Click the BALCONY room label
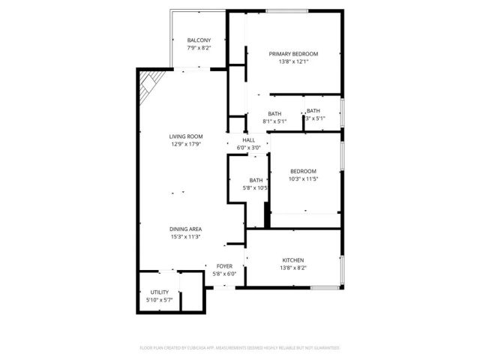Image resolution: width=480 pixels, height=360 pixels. pos(199,40)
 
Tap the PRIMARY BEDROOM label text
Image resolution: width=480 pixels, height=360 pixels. pos(293,53)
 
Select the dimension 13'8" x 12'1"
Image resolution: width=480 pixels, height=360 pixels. pos(293,61)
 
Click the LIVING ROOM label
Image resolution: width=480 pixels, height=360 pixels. pos(185,136)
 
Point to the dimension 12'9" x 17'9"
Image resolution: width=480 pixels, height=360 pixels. pos(185,144)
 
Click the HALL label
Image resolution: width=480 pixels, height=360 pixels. pos(248,139)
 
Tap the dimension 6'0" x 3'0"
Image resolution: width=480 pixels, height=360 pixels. pos(248,148)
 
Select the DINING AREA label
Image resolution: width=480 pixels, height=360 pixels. pos(185,229)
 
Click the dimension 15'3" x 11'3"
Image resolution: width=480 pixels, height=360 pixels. pos(185,237)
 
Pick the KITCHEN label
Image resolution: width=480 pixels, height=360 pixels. pos(293,259)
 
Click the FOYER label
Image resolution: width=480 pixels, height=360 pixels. pos(225,266)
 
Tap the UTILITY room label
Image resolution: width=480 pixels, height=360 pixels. pos(159,292)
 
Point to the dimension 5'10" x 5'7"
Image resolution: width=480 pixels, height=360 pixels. pos(159,300)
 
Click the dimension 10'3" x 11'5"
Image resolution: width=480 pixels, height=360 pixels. pos(303,179)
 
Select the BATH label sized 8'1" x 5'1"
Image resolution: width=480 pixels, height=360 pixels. pos(274,113)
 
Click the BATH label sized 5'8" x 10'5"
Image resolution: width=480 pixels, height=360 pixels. pos(256,180)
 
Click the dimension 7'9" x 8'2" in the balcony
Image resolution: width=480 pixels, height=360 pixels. pos(199,48)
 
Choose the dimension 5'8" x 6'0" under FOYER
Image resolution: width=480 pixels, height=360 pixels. pos(225,274)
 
